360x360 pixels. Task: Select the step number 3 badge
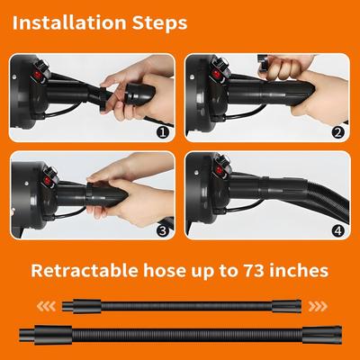pyautogui.click(x=163, y=229)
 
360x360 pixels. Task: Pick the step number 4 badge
pyautogui.click(x=337, y=229)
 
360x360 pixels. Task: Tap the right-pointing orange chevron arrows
pyautogui.click(x=315, y=304)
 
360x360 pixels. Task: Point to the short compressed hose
pyautogui.click(x=180, y=306)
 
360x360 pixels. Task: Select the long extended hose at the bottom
pyautogui.click(x=180, y=335)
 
